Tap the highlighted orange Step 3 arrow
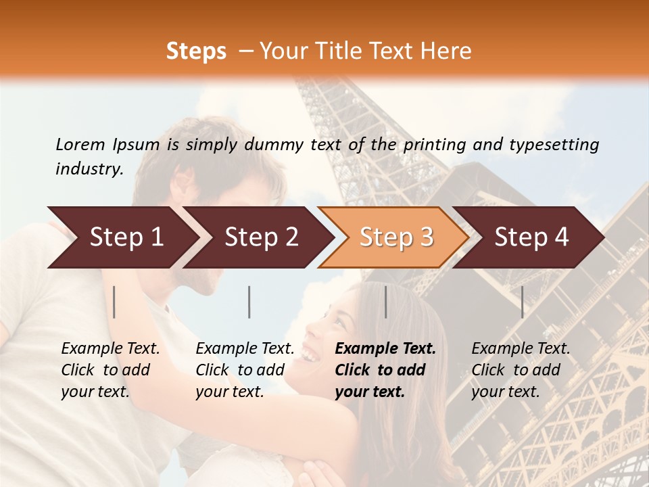coord(396,237)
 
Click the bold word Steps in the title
coord(196,51)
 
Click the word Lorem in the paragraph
coord(80,145)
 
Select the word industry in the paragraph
coord(89,169)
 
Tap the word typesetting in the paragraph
coord(553,145)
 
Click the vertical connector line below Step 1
coord(114,302)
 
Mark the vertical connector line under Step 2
coord(249,302)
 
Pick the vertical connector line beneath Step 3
coord(385,302)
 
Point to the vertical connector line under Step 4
coord(522,302)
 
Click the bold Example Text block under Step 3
coord(385,370)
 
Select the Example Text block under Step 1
coord(110,370)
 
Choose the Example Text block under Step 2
coord(245,370)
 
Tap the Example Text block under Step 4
coord(521,370)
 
